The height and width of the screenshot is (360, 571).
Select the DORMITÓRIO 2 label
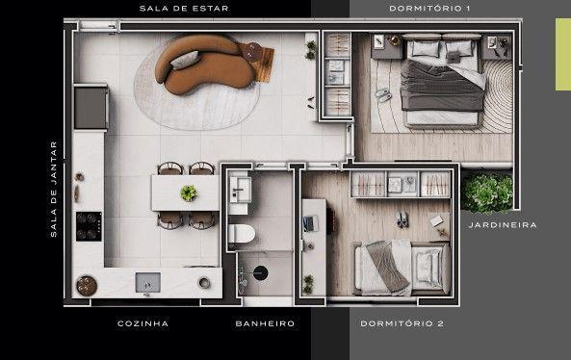(402, 323)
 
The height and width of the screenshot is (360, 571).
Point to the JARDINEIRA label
(503, 225)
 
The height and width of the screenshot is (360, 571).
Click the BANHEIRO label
(265, 323)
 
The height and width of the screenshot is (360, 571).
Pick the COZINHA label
(143, 323)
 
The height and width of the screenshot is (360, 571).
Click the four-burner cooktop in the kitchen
(89, 227)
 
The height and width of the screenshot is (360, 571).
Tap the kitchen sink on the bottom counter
(148, 281)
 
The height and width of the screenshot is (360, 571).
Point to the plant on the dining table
(189, 193)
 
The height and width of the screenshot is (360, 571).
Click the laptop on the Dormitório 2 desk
(308, 223)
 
